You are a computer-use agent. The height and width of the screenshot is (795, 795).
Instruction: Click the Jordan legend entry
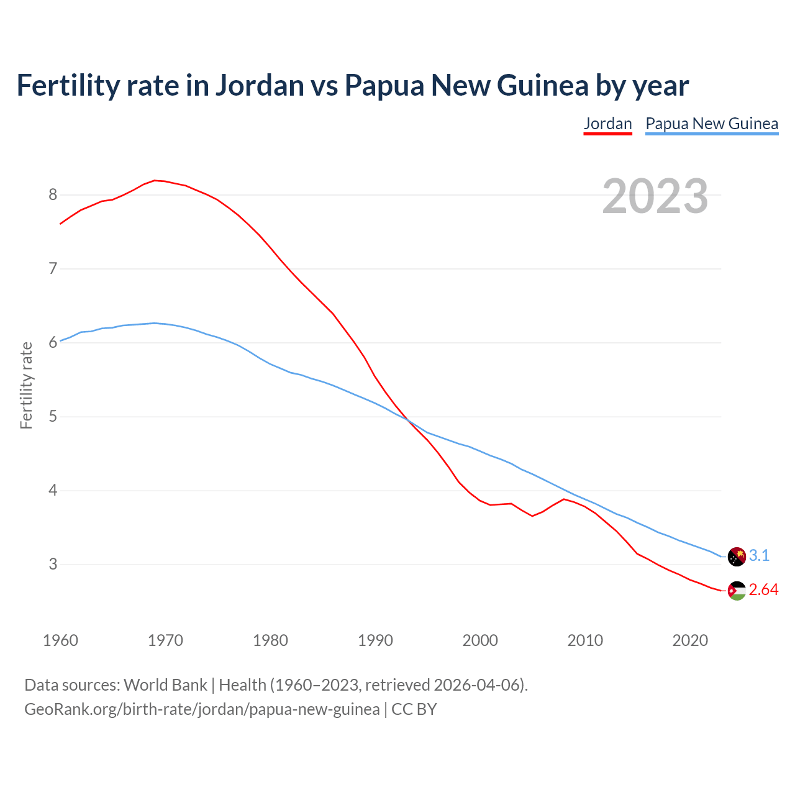607,124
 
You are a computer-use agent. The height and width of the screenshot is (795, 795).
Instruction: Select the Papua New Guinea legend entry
712,124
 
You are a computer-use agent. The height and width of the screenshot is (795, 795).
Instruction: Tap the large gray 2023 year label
655,196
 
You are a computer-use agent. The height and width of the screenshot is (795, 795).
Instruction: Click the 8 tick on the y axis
53,195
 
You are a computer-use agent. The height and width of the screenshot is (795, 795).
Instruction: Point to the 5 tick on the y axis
53,417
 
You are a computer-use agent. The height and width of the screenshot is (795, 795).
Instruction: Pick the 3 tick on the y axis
53,565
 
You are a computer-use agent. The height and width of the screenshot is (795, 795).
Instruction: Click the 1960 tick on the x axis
60,640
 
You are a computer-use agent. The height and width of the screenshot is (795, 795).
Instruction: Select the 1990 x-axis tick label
375,640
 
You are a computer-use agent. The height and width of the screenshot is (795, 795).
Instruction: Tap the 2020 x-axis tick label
690,640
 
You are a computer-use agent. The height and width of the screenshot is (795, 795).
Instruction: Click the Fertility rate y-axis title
26,385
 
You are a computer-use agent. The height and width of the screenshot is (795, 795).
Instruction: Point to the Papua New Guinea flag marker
737,556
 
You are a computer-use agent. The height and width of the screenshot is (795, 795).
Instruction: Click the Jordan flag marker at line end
737,591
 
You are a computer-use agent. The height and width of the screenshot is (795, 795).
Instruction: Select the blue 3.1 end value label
759,556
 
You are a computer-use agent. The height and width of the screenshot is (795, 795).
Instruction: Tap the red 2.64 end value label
763,590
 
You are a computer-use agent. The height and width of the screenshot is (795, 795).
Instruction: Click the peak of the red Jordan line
155,180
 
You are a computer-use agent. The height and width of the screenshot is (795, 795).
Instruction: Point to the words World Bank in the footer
165,685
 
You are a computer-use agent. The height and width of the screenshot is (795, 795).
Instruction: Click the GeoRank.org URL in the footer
202,709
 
